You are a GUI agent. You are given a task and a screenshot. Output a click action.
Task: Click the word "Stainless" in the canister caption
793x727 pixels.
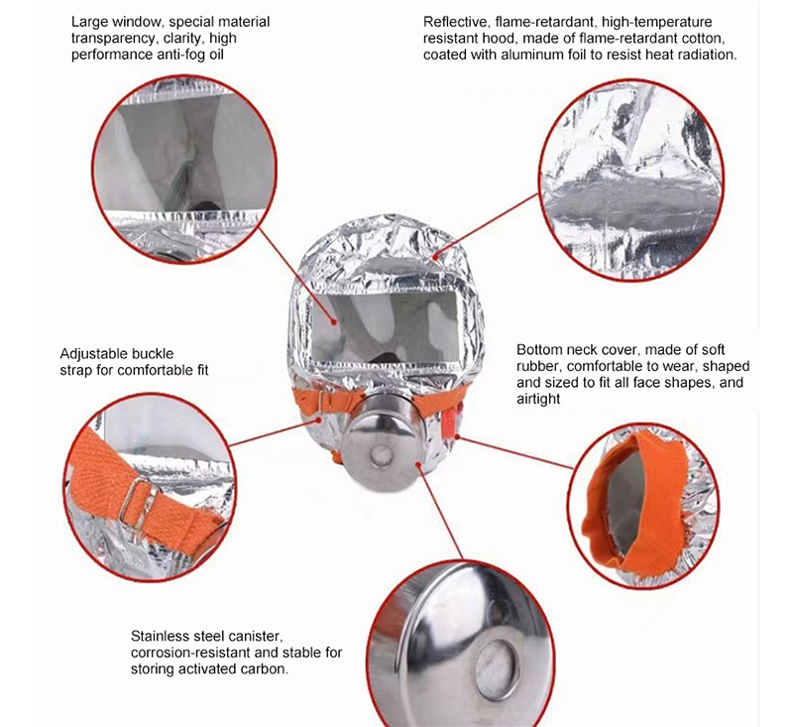click(x=161, y=636)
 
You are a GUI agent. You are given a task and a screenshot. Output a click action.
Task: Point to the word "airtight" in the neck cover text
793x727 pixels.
click(x=538, y=399)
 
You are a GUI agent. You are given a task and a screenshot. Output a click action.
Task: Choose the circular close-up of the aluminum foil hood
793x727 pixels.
click(x=625, y=169)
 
